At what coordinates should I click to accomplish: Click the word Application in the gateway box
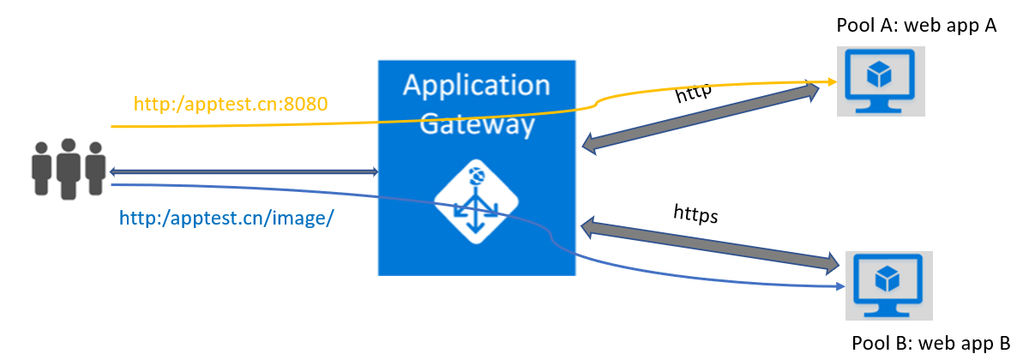coord(476,87)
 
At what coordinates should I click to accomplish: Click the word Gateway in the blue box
coord(476,125)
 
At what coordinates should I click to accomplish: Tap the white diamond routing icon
coord(476,205)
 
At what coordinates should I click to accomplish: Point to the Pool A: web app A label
coord(916,26)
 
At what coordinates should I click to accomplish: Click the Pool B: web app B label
coord(931,343)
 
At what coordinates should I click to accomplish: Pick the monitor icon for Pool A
coord(881,81)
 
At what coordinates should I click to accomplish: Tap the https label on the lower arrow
coord(695,213)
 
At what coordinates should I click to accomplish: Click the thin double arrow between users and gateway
coord(244,172)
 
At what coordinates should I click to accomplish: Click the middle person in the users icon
coord(68,170)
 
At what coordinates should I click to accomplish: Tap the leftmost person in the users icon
coord(40,172)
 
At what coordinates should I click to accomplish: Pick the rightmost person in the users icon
coord(95,172)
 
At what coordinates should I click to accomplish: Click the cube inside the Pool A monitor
coord(879,75)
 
